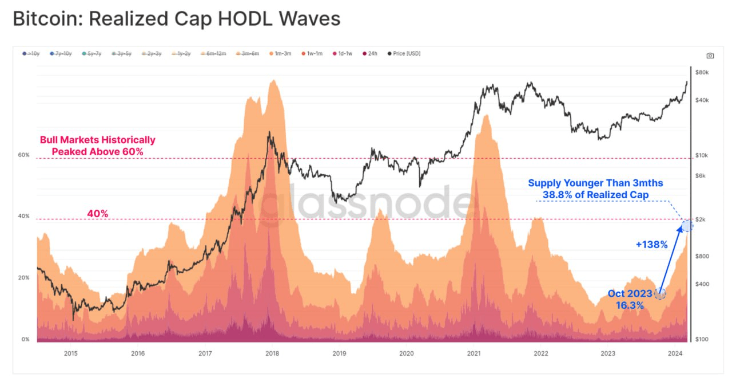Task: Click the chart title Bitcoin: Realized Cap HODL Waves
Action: click(x=176, y=19)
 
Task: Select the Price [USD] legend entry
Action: click(x=405, y=53)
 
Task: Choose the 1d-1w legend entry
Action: click(x=343, y=53)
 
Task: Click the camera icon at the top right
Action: click(x=710, y=56)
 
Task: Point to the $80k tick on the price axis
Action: click(x=702, y=72)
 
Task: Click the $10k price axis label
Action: click(x=702, y=155)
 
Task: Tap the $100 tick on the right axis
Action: click(x=702, y=339)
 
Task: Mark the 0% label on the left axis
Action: click(x=25, y=339)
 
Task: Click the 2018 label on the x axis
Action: click(x=272, y=353)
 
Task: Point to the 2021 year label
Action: click(x=474, y=353)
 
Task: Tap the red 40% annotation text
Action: click(x=97, y=214)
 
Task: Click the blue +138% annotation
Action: click(x=651, y=245)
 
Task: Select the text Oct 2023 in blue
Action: click(x=629, y=294)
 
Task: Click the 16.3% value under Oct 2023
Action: click(x=630, y=305)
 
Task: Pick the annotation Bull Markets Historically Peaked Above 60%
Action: click(x=97, y=146)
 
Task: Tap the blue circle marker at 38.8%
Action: click(x=687, y=226)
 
